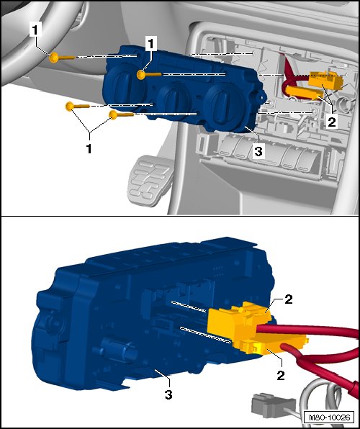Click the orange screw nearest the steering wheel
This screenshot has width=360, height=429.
61,58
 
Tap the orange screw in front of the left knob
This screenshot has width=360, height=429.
148,74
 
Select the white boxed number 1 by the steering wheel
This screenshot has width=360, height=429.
35,30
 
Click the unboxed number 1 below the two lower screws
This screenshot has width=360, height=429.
89,148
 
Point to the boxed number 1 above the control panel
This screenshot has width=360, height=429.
151,44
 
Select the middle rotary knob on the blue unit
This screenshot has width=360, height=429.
173,99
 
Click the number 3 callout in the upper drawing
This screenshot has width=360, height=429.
258,150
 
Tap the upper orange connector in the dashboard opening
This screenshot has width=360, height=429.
325,79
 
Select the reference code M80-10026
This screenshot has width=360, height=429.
329,417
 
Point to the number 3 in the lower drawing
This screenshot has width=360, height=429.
168,394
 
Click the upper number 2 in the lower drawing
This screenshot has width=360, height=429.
288,299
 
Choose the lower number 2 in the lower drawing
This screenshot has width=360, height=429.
281,375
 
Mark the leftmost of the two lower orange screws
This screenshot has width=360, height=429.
77,106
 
